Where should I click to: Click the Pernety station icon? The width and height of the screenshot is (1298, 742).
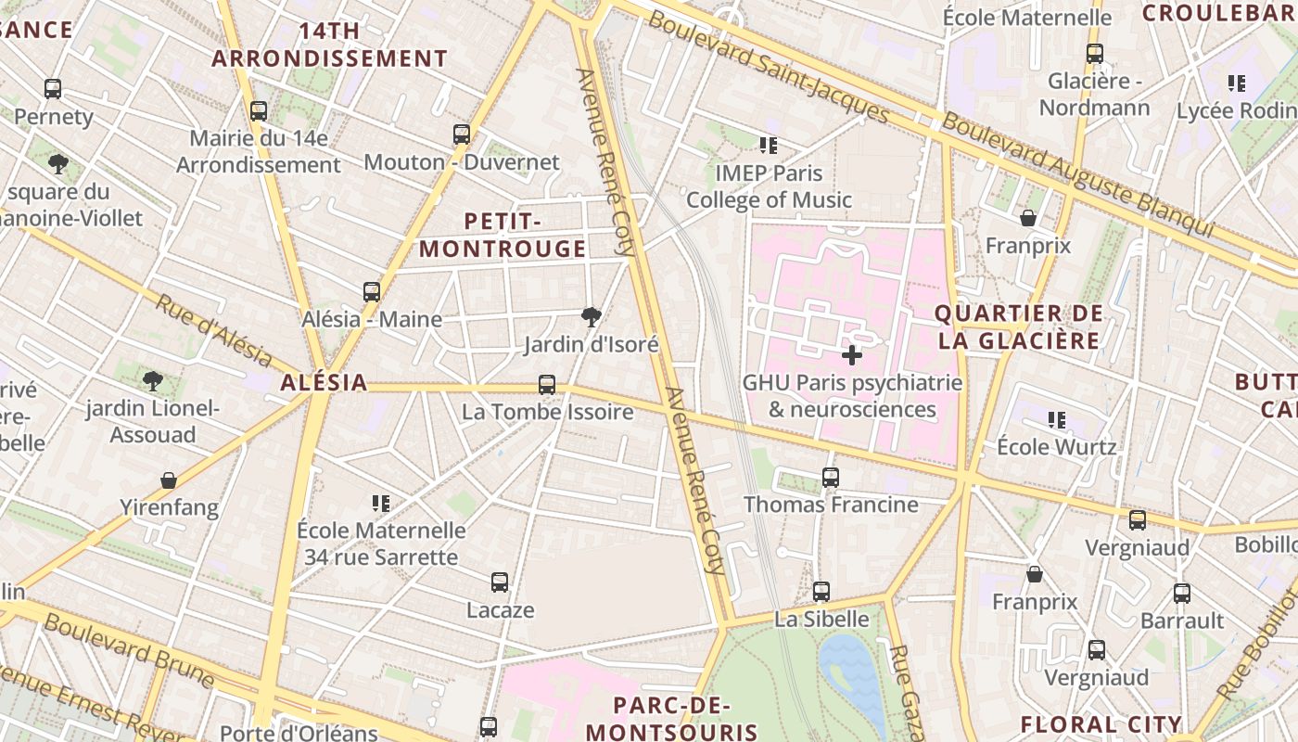click(x=53, y=89)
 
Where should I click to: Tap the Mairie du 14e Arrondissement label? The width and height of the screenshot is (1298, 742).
click(x=259, y=152)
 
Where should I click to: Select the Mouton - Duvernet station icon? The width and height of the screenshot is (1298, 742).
click(x=462, y=134)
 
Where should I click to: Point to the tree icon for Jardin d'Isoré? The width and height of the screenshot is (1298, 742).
click(x=591, y=317)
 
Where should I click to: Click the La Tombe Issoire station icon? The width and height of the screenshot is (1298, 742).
click(x=547, y=385)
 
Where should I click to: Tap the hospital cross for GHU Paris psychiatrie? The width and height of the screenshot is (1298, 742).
click(x=852, y=354)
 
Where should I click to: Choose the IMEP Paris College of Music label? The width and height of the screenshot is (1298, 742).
click(x=769, y=186)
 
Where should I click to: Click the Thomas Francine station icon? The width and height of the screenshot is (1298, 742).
click(x=831, y=478)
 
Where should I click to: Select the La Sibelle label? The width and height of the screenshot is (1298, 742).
click(x=822, y=619)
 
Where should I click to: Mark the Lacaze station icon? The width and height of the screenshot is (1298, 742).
click(x=500, y=582)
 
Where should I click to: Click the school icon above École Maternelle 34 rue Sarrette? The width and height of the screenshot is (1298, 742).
click(x=381, y=504)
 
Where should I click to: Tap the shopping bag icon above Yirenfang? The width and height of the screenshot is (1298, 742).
click(x=169, y=480)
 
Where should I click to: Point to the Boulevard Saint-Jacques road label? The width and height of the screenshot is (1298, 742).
click(x=769, y=67)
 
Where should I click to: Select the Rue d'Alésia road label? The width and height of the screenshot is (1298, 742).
click(x=212, y=331)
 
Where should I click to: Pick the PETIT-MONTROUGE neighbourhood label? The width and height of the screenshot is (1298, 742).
click(x=503, y=235)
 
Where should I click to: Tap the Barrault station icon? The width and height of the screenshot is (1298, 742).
click(x=1182, y=594)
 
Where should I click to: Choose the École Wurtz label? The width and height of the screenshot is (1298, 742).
click(x=1056, y=446)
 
